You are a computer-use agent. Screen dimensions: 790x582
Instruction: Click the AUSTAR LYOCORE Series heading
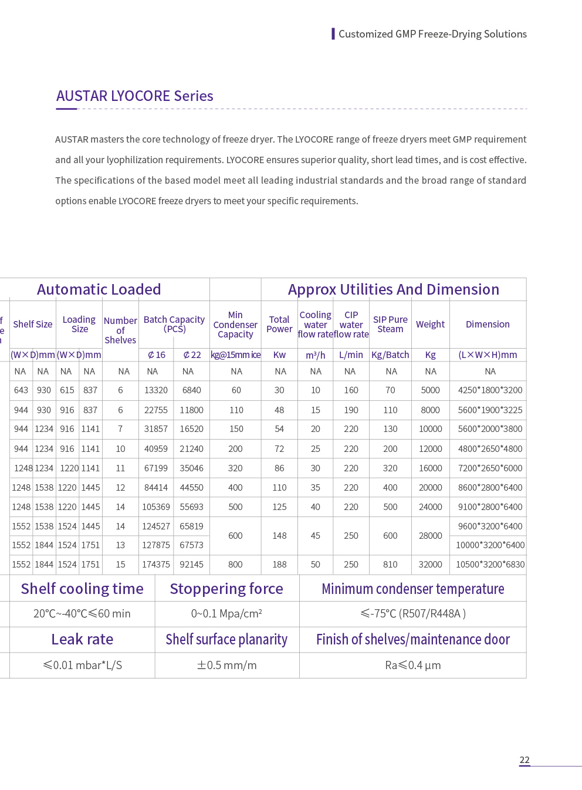pos(134,96)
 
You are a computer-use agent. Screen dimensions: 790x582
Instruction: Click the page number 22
pos(525,759)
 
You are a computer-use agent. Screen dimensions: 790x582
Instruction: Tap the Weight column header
pos(430,325)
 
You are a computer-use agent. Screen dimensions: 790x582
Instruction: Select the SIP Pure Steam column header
pos(390,325)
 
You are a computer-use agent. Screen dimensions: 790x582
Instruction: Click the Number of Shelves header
pos(120,330)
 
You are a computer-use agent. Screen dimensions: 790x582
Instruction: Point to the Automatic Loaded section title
pos(99,289)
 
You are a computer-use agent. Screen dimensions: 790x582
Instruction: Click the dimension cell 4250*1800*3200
pos(490,390)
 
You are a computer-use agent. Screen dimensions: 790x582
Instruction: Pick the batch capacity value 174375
pos(156,565)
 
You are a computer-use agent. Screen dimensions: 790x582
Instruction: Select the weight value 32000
pos(430,565)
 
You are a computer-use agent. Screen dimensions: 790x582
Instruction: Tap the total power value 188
pos(279,565)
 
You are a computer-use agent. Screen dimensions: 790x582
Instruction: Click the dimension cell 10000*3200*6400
pos(490,545)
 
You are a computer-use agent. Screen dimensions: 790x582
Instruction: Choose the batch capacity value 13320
pos(156,390)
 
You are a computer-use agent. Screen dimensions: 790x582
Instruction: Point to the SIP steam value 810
pos(390,565)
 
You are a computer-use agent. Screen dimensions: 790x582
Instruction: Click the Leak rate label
pos(82,639)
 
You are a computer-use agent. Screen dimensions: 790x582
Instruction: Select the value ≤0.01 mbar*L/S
pos(82,665)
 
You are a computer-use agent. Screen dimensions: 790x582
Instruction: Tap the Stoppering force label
pos(226,589)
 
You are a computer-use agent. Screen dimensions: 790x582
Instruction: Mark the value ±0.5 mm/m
pos(226,665)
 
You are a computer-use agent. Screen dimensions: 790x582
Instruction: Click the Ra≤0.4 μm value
pos(412,665)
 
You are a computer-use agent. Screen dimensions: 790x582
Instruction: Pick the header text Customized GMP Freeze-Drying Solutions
pos(432,34)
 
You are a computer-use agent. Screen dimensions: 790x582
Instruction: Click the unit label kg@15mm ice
pos(235,355)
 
